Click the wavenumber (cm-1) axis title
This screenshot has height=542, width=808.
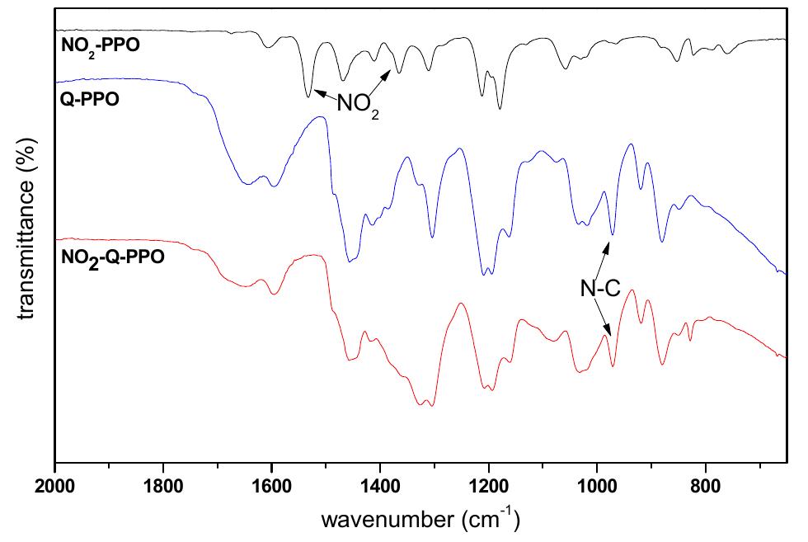(x=420, y=521)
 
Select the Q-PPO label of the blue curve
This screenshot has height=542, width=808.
(x=90, y=101)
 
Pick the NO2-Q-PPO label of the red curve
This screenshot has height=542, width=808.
(x=113, y=256)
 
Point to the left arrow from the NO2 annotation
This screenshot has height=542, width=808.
(x=323, y=97)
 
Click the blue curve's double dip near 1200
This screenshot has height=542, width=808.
(x=488, y=271)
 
